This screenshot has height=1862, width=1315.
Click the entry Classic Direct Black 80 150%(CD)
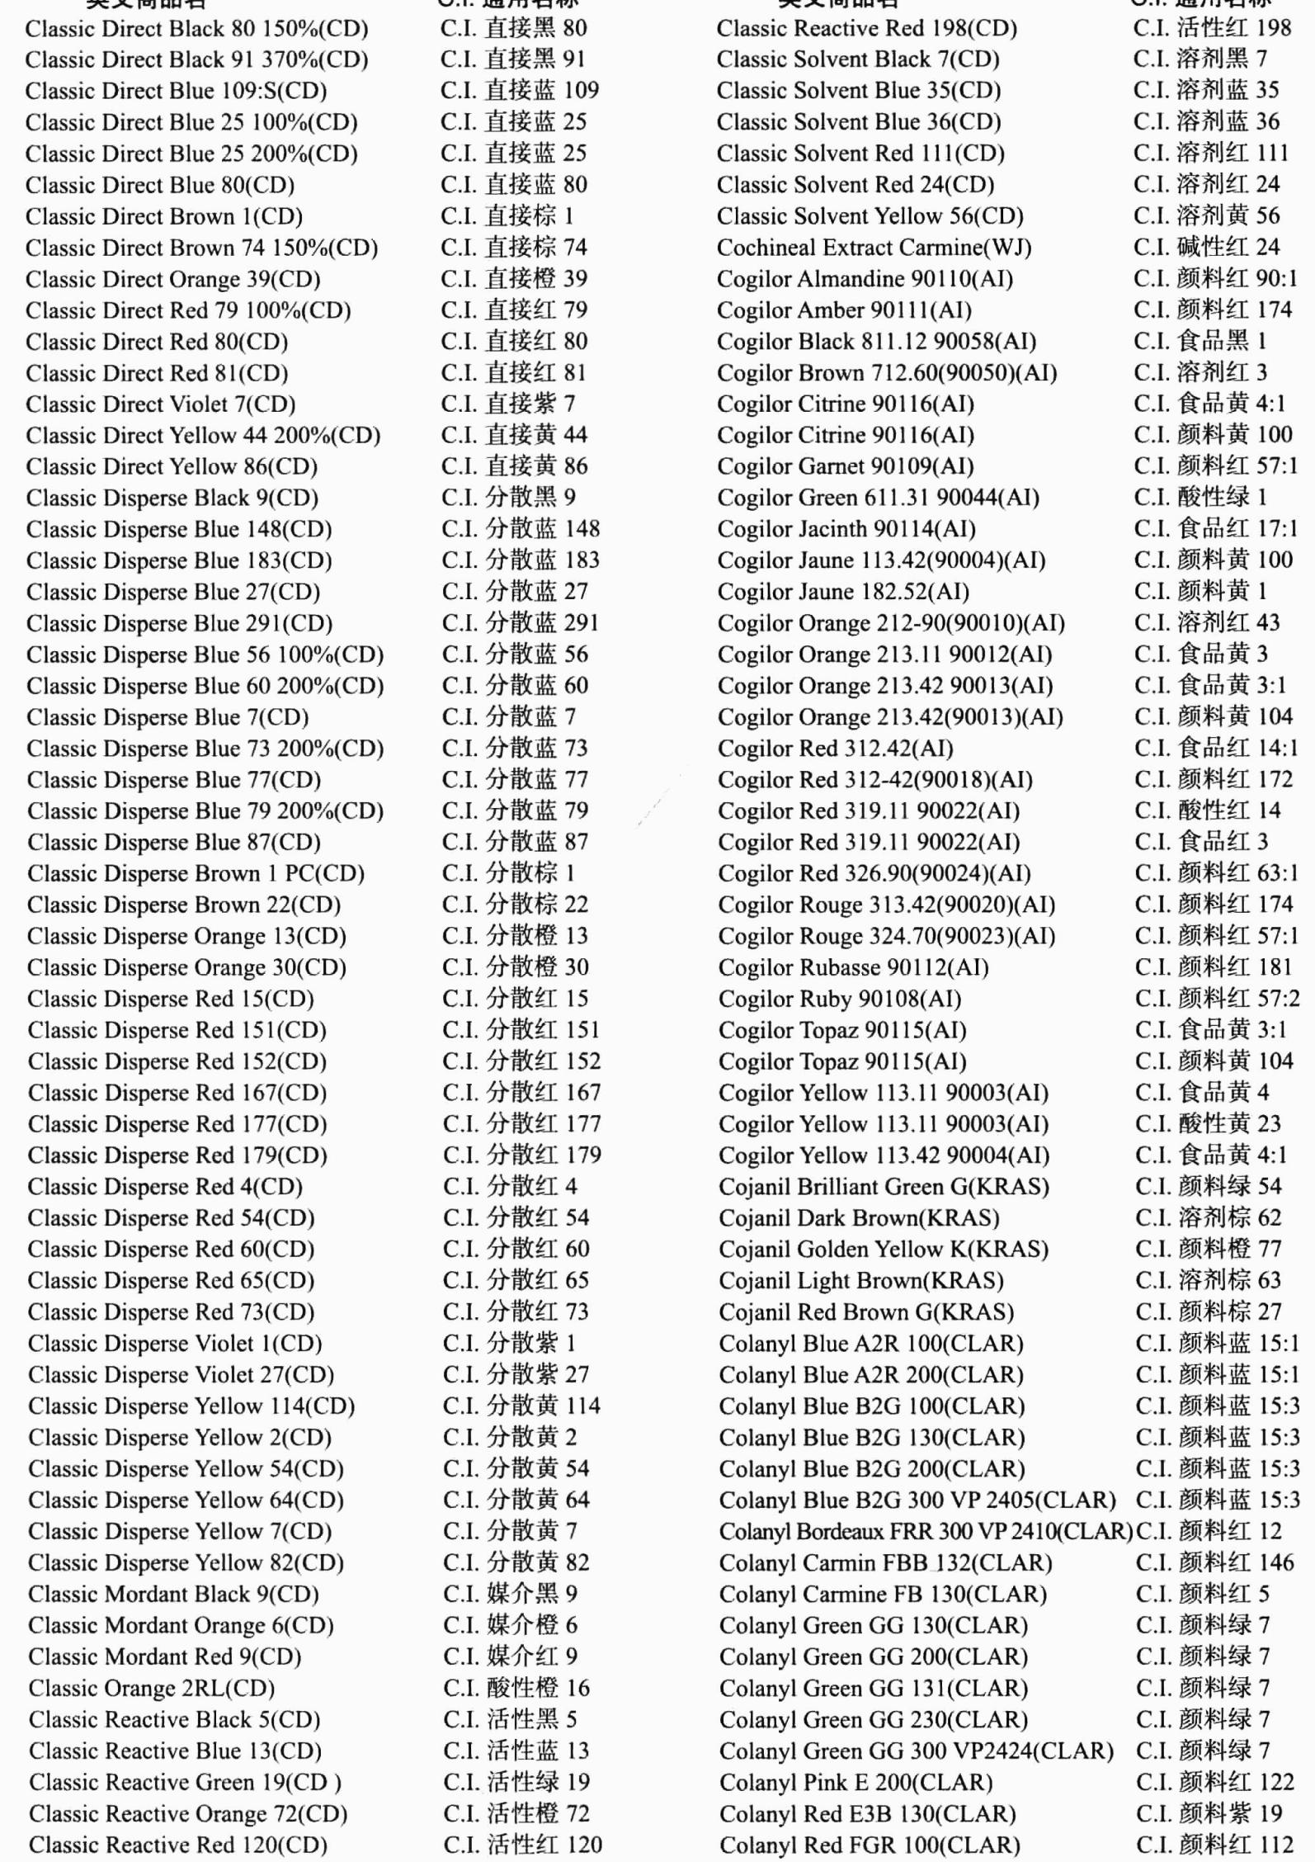196,29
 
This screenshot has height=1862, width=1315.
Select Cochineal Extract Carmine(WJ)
874,248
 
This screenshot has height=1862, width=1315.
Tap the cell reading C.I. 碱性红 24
1206,247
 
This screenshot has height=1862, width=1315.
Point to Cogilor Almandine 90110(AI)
865,279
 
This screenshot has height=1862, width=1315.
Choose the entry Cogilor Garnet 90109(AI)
845,466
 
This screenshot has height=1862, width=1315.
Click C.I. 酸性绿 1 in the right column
1200,497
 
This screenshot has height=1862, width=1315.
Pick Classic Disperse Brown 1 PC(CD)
196,873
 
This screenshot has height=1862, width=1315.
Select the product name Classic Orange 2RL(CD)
151,1688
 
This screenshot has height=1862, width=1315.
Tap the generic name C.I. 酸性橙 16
516,1688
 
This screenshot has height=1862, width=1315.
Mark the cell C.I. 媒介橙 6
510,1625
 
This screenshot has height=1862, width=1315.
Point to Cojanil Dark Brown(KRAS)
858,1218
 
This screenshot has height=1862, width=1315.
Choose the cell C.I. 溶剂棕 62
1208,1217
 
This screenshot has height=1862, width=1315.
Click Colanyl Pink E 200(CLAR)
855,1782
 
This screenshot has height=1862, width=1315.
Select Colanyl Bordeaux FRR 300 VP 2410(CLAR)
925,1531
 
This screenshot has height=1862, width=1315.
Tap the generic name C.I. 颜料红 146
1214,1562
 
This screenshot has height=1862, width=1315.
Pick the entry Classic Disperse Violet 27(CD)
181,1375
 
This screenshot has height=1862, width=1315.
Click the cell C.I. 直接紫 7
507,404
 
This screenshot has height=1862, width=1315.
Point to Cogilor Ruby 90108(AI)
839,999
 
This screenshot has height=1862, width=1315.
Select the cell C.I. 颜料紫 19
1209,1813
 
